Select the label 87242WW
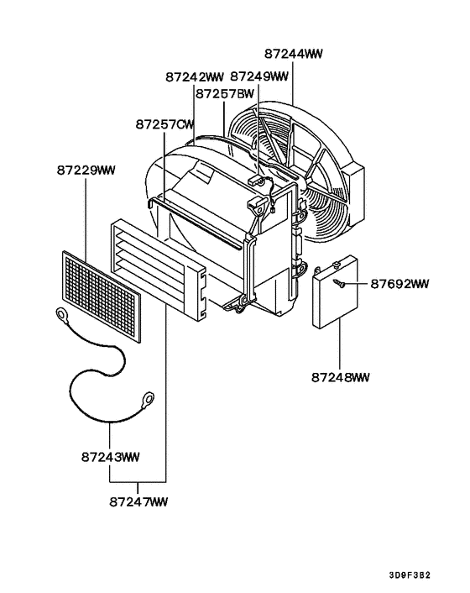(194, 76)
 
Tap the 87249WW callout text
(259, 76)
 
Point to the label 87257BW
(225, 95)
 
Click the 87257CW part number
(165, 124)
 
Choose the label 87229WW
(86, 171)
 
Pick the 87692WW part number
(399, 284)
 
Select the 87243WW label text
(111, 457)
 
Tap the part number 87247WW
(138, 501)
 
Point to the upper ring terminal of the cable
(63, 316)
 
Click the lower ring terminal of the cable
(148, 396)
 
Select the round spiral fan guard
(298, 172)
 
